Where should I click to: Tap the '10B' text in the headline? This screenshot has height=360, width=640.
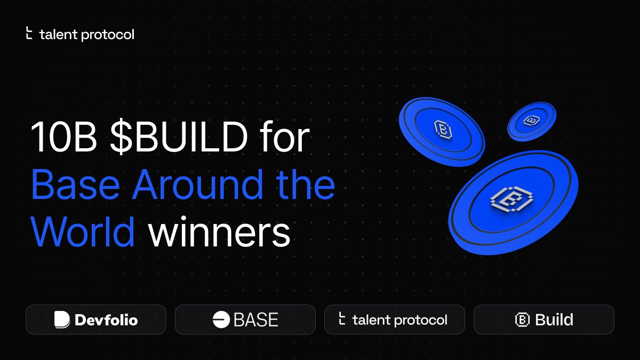[x=63, y=137]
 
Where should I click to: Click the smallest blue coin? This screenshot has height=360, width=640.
[x=531, y=121]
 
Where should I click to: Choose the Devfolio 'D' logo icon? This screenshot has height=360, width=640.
[x=62, y=319]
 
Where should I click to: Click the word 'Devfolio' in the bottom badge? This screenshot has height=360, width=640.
[x=106, y=320]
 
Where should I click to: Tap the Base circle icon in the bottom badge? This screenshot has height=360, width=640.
[x=220, y=319]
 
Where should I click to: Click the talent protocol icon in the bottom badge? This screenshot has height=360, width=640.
[x=342, y=319]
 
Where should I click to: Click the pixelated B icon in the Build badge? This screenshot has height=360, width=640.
[x=522, y=319]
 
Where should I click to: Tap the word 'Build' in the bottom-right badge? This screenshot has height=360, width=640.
[x=554, y=319]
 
